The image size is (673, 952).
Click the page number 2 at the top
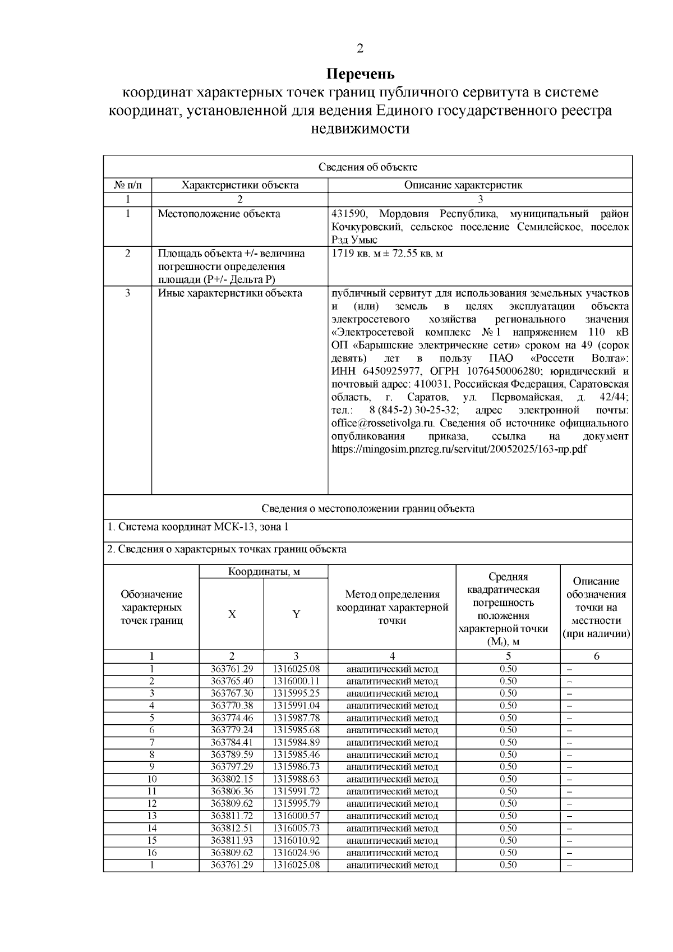point(360,48)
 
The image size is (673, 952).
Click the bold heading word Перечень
point(361,74)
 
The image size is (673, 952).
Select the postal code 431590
point(350,214)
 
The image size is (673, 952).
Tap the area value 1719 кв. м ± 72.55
point(387,254)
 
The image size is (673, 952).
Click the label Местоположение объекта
point(219,214)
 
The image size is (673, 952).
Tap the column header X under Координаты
point(232,614)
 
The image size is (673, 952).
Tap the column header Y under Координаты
point(296,614)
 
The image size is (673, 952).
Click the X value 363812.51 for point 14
point(232,828)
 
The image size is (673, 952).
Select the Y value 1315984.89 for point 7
point(296,742)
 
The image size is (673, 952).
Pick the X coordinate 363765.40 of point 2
point(232,681)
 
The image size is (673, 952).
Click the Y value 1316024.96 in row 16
point(296,853)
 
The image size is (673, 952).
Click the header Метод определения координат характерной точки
point(392,608)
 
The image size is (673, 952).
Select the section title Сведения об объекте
point(368,167)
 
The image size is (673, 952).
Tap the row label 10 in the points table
point(151,779)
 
